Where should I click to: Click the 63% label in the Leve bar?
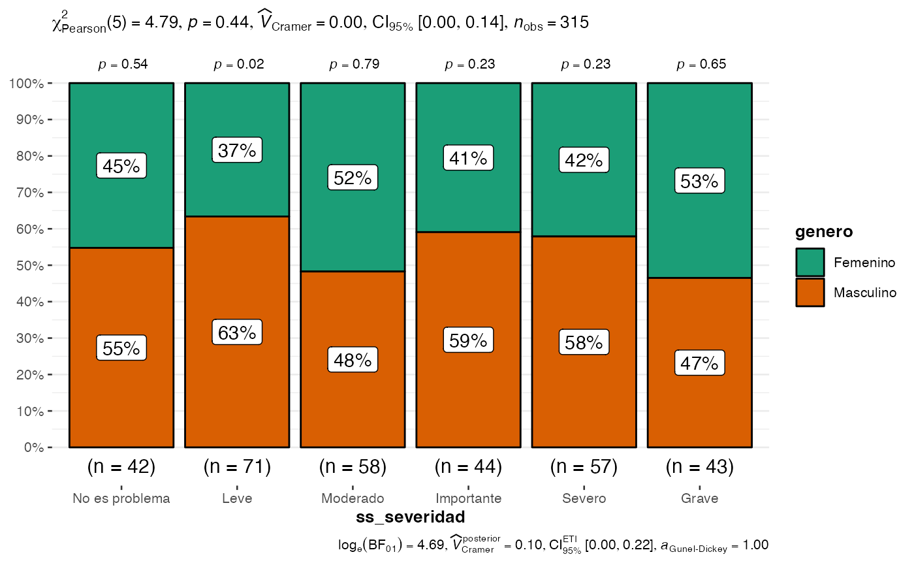click(x=237, y=332)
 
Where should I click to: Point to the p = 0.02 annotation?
click(x=237, y=65)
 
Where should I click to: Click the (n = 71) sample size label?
click(x=237, y=467)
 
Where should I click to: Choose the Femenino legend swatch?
click(x=810, y=263)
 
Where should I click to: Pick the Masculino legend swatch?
click(x=810, y=293)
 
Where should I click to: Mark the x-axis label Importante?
click(x=468, y=499)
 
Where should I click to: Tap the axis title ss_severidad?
click(x=410, y=517)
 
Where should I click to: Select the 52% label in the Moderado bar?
click(x=353, y=178)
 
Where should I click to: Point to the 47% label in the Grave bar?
click(x=699, y=363)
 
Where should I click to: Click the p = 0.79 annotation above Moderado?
click(x=353, y=65)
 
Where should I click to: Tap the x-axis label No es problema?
click(x=121, y=499)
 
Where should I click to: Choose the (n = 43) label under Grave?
click(x=699, y=467)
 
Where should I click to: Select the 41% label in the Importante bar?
click(x=468, y=158)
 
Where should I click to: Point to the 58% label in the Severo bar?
click(x=584, y=342)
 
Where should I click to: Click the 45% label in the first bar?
click(x=121, y=166)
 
